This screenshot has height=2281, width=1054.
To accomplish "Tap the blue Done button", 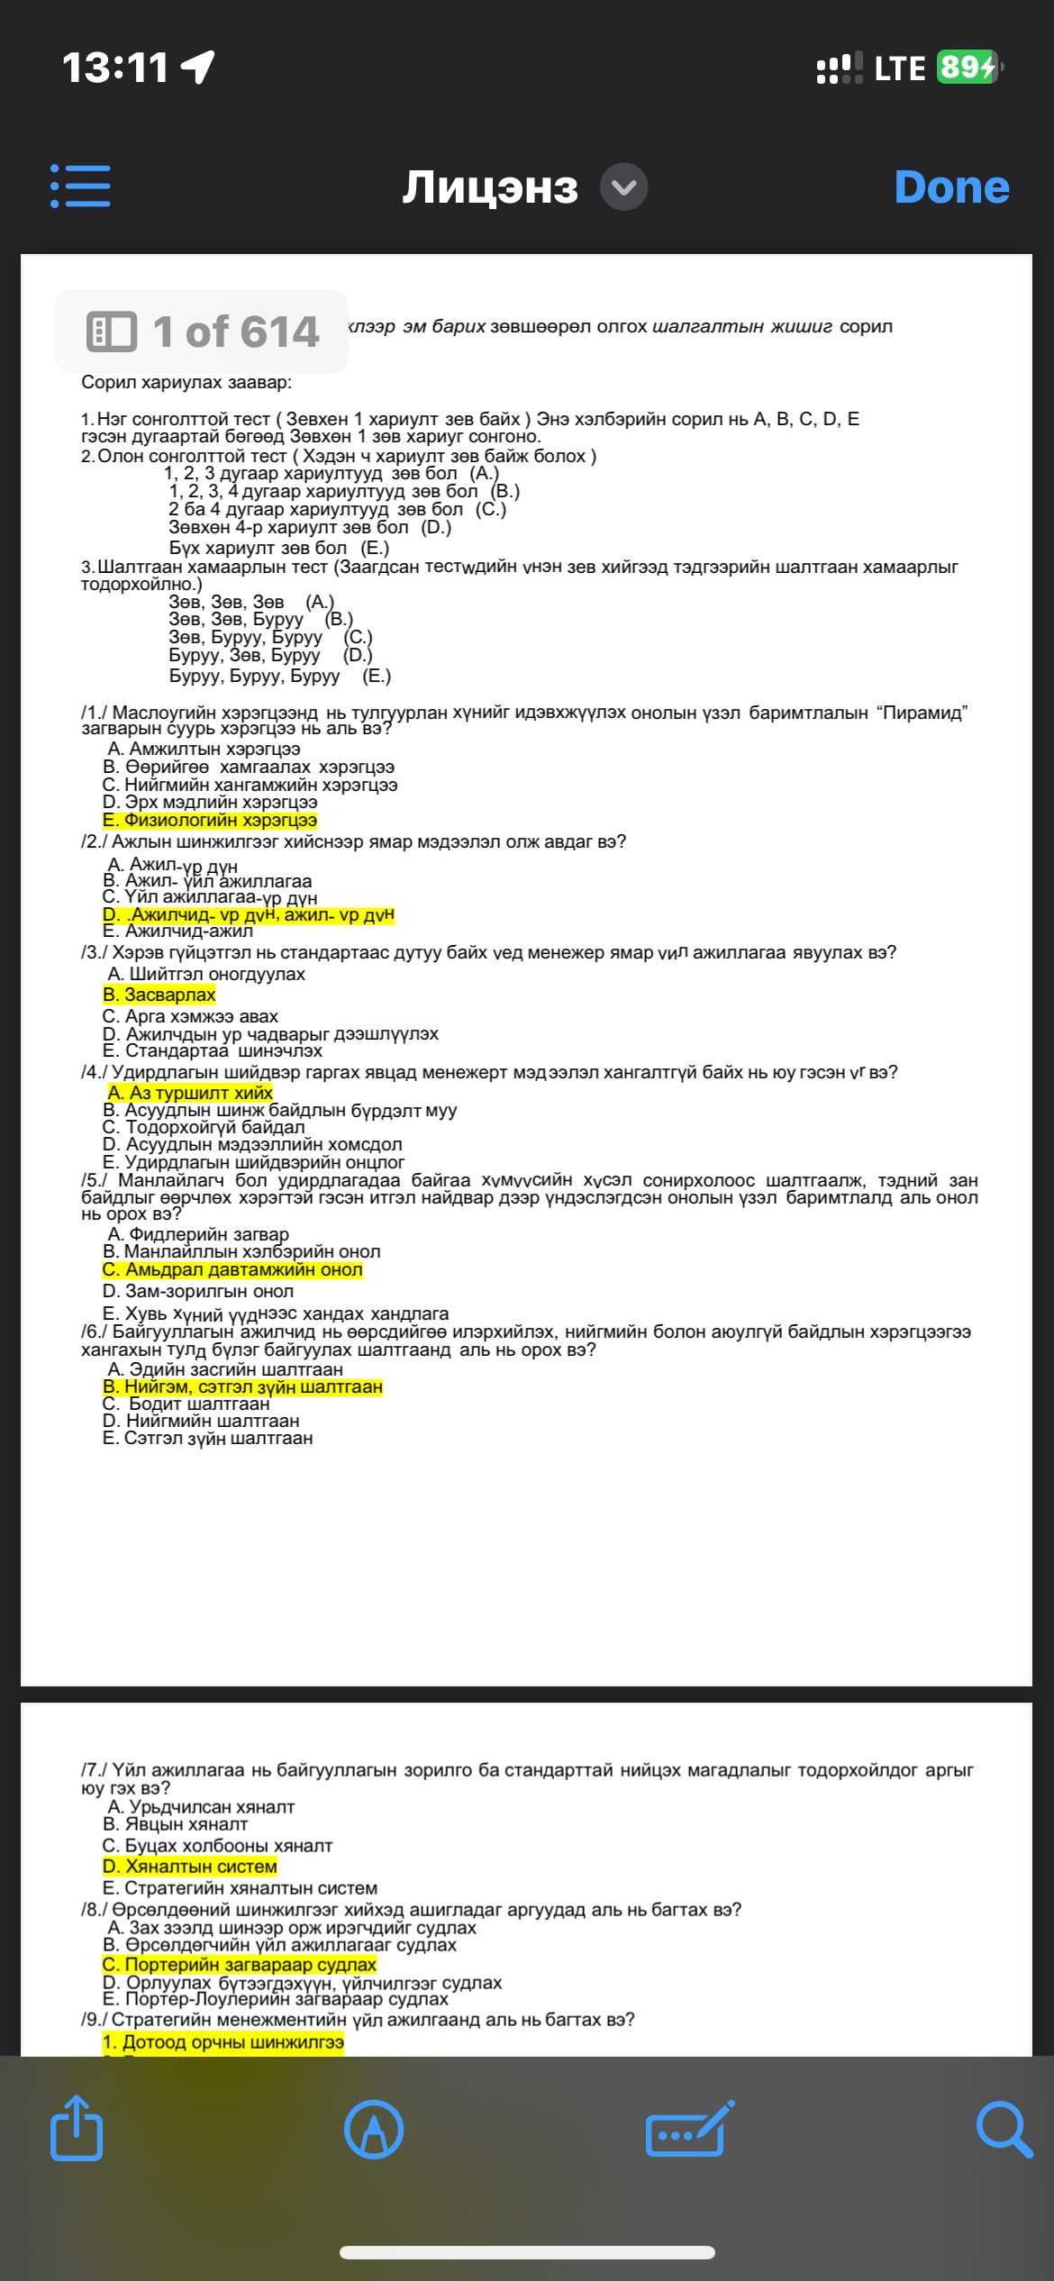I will tap(951, 187).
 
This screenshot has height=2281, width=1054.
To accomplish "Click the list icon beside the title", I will tap(80, 186).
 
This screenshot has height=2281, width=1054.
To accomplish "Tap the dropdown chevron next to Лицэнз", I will tap(623, 187).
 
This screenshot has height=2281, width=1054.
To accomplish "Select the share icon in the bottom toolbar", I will tap(77, 2130).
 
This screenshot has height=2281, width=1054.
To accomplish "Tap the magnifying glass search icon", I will tap(1003, 2130).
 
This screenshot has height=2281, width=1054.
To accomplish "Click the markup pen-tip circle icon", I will tap(374, 2130).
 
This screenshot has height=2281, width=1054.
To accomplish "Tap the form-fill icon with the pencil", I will tap(688, 2130).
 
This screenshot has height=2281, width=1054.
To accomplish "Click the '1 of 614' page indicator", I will tap(202, 332).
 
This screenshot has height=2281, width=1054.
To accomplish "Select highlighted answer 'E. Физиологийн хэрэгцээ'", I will tap(210, 821).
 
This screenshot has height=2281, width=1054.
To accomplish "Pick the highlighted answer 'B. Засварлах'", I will tap(159, 995).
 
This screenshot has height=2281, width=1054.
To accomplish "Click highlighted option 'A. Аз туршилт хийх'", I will tap(190, 1093).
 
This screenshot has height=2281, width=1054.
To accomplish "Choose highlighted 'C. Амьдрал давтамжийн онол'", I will tap(232, 1270).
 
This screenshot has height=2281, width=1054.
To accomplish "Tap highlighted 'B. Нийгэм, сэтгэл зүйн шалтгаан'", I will tap(242, 1387).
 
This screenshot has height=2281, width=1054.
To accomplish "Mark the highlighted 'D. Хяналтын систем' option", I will tap(190, 1867).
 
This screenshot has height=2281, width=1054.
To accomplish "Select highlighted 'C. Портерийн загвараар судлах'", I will tap(240, 1965).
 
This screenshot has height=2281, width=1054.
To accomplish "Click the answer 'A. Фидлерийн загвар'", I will tap(198, 1234).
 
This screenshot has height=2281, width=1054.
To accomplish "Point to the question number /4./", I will tap(94, 1073).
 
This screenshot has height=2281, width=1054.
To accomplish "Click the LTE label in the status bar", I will tap(899, 68).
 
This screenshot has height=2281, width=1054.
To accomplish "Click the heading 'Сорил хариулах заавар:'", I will tap(186, 383).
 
